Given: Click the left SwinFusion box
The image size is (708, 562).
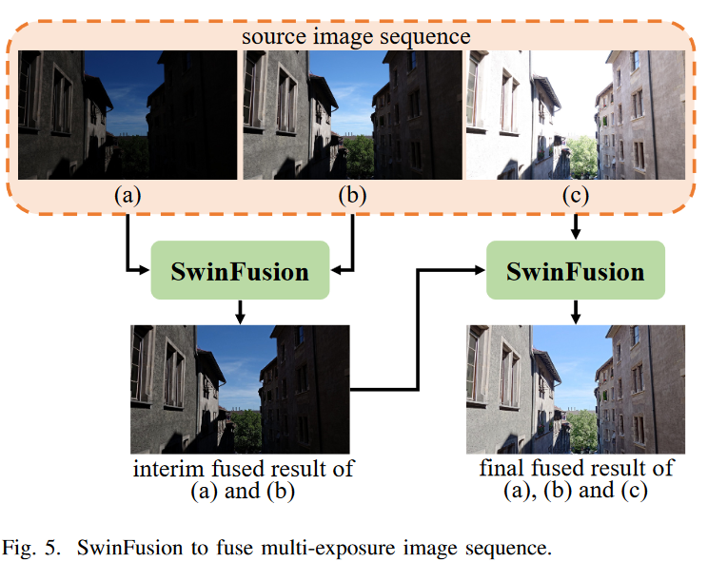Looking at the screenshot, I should coord(240,272).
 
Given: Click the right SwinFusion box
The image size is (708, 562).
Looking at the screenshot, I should coord(575,272).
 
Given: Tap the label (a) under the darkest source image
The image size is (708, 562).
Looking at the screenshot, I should coord(127,196).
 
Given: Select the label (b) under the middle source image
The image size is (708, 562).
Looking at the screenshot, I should coord(352,196).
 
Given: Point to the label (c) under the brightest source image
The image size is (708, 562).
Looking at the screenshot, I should coord(575,196).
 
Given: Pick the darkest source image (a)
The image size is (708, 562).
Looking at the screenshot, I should coord(127,115).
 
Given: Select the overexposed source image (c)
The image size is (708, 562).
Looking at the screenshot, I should coord(574,115).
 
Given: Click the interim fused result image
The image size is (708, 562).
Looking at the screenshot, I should coord(240,389).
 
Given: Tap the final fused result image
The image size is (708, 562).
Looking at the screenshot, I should coord(575,389).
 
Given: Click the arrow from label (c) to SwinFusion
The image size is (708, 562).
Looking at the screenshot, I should coord(575,226).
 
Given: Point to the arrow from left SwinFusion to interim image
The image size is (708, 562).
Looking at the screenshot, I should coord(240,312).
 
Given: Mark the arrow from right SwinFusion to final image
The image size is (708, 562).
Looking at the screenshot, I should coord(575,312).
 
